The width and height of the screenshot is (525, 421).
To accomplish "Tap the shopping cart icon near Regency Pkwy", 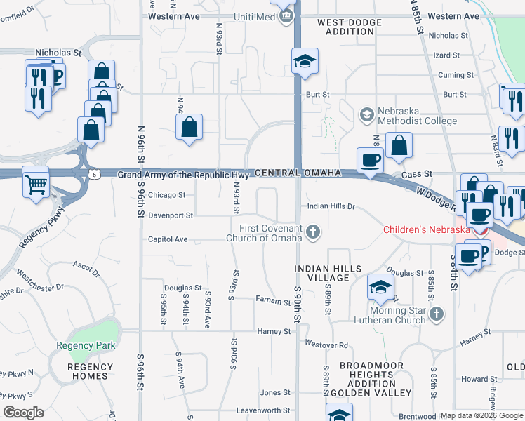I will (34, 185).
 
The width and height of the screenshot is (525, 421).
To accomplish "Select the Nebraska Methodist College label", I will (417, 115).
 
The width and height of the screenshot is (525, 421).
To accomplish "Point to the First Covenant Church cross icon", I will (313, 230).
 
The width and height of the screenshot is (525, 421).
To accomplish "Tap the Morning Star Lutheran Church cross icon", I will (436, 313).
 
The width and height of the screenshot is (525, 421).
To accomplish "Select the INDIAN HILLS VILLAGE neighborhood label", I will (328, 273).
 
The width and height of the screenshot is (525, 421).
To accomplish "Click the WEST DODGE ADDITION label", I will (350, 27).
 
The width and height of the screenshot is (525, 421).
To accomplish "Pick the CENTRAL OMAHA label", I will (299, 173).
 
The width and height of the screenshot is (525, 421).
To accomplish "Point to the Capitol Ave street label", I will (168, 239).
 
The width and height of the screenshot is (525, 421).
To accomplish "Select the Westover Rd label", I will (326, 345).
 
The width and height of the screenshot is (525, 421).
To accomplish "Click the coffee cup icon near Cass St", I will (370, 161).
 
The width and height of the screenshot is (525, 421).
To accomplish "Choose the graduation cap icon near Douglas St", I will (381, 286).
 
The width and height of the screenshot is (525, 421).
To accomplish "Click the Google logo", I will (23, 413).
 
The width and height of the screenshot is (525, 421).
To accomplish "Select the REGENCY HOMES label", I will (88, 371).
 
